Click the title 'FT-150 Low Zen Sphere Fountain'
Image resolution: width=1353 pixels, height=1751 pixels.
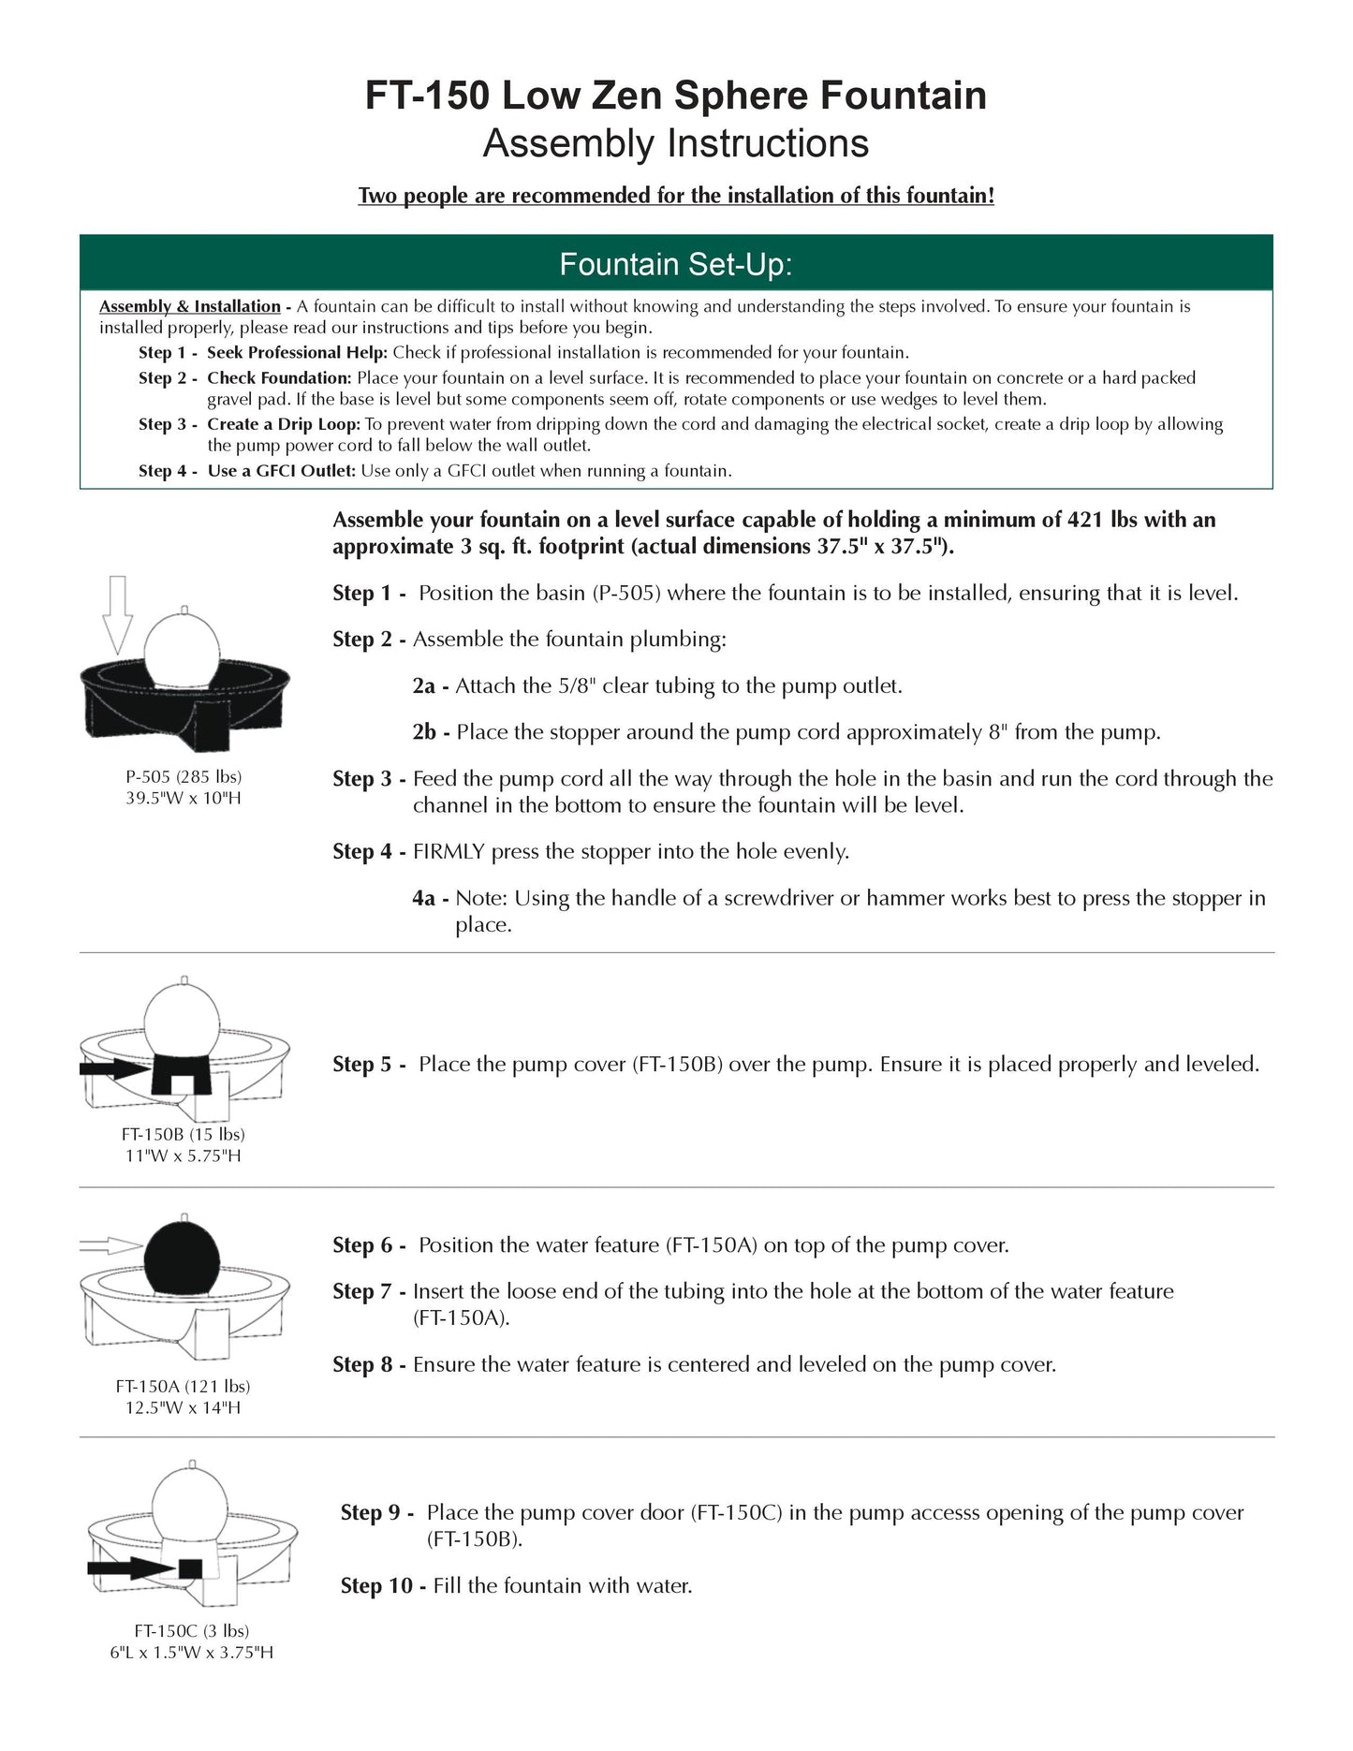click(x=675, y=96)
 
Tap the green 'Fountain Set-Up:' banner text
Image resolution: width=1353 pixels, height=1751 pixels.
click(x=675, y=265)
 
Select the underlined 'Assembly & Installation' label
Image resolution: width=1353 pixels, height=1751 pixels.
click(x=190, y=306)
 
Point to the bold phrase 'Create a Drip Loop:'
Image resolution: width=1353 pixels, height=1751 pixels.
click(x=283, y=424)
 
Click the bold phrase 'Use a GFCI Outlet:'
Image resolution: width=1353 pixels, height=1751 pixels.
click(x=281, y=471)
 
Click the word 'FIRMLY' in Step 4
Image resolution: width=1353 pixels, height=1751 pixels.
click(x=449, y=852)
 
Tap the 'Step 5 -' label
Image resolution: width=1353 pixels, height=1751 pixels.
click(x=369, y=1065)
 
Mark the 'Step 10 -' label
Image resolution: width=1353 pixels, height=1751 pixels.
click(x=384, y=1586)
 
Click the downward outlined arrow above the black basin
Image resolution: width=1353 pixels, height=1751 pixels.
click(x=117, y=614)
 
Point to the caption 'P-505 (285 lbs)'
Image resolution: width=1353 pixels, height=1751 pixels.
click(x=184, y=776)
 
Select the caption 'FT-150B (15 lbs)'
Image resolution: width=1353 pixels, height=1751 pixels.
click(x=184, y=1134)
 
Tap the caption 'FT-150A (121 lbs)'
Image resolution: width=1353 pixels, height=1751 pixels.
click(x=184, y=1386)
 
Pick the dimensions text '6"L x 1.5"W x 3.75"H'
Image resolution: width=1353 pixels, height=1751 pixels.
click(x=192, y=1653)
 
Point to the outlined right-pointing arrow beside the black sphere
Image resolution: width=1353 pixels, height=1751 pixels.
click(x=110, y=1245)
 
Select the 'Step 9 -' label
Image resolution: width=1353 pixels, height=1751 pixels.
click(x=376, y=1513)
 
